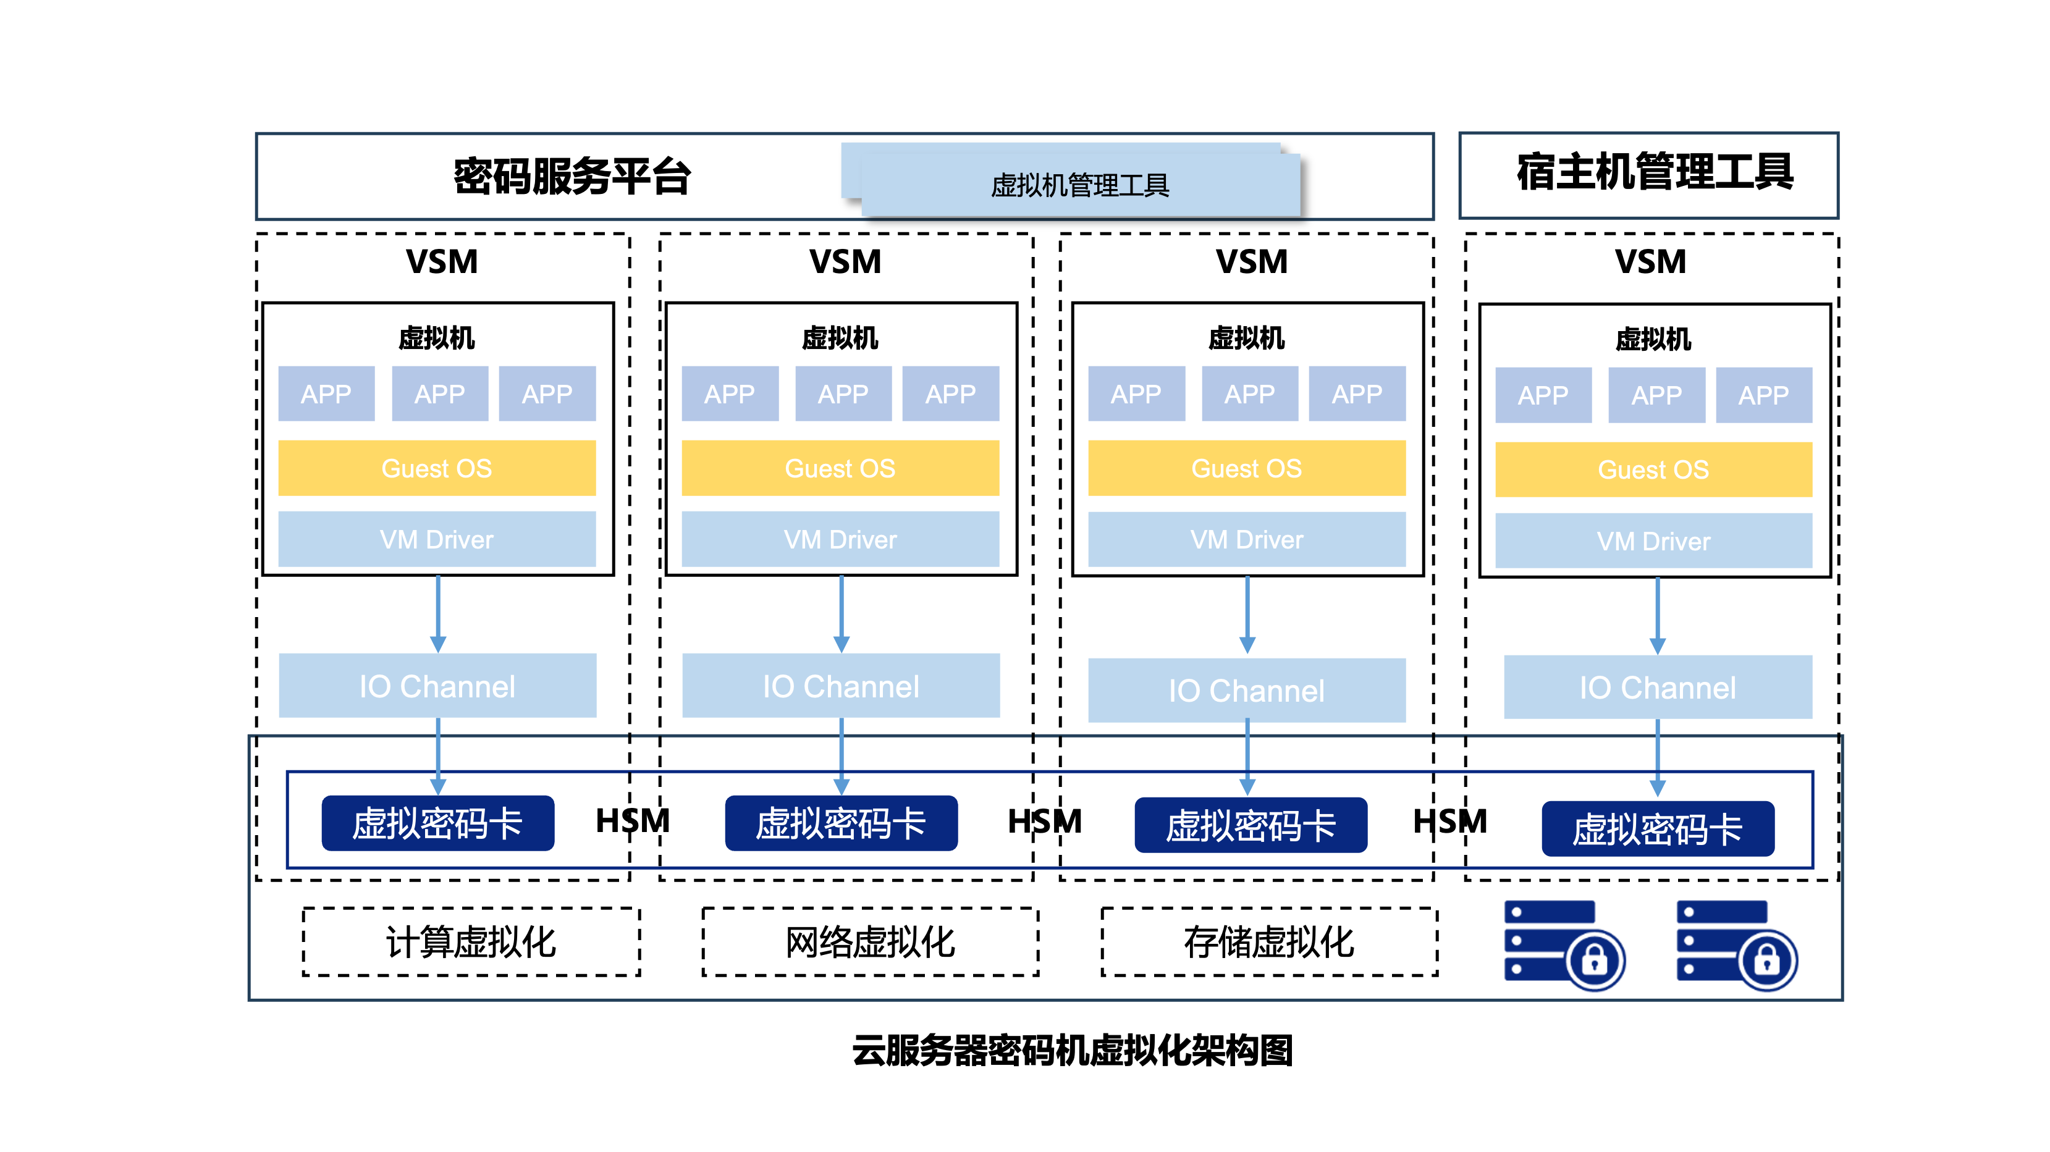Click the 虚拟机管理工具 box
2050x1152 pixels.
(x=1079, y=185)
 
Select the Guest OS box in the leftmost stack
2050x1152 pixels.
(x=436, y=468)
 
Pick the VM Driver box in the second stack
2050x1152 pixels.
(x=840, y=539)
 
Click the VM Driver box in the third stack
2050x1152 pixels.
(x=1246, y=539)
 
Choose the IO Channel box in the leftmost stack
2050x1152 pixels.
(x=437, y=686)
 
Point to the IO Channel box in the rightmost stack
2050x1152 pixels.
(x=1657, y=687)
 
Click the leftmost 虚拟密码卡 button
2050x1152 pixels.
(x=437, y=823)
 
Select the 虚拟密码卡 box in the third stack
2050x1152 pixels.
(x=1251, y=826)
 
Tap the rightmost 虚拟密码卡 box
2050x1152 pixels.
(x=1657, y=829)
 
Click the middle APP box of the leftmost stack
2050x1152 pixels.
(x=439, y=394)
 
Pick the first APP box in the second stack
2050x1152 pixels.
(x=729, y=394)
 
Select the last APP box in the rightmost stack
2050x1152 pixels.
(x=1763, y=395)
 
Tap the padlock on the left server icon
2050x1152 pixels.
(x=1595, y=961)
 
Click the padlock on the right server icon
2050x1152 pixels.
(x=1766, y=961)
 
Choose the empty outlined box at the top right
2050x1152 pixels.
(x=1648, y=175)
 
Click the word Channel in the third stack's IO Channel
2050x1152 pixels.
(x=1267, y=691)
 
